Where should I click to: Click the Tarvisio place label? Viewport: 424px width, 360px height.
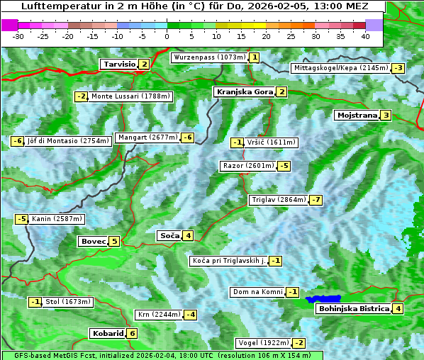[x=118, y=64]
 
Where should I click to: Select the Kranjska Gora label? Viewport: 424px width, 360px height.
[x=244, y=92]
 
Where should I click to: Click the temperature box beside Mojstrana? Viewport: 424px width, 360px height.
[x=386, y=115]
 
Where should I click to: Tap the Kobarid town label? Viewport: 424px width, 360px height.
[x=107, y=333]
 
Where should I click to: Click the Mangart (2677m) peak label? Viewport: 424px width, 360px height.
[x=147, y=137]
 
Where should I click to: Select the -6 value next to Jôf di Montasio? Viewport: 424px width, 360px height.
[x=17, y=141]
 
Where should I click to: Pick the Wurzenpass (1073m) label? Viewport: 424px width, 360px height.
[x=209, y=57]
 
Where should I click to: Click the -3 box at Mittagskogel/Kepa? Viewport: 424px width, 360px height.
[x=398, y=68]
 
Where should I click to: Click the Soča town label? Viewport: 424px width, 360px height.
[x=169, y=235]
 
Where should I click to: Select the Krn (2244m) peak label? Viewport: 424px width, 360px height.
[x=158, y=314]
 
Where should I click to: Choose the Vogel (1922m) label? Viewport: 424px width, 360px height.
[x=262, y=343]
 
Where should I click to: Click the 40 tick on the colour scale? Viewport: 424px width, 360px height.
[x=364, y=35]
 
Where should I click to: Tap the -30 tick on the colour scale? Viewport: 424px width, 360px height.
[x=18, y=35]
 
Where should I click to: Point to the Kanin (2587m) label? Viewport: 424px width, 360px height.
[x=57, y=219]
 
